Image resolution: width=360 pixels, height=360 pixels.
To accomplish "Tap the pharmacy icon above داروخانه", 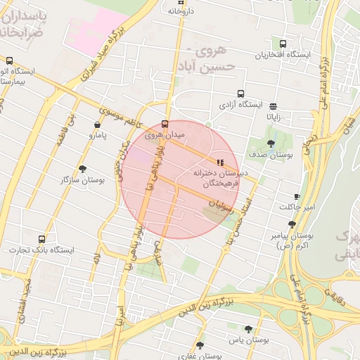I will pos(172,1).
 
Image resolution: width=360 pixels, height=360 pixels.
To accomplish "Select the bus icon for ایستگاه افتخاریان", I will pos(283,44).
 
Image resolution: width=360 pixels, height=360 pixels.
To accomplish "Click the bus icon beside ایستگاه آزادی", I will pos(241,94).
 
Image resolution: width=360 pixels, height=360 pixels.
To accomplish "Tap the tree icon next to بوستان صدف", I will pos(271,143).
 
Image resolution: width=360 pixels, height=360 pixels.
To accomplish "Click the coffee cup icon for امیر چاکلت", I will pos(297,196).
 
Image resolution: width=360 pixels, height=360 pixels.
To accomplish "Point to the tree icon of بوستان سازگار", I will pos(83,168).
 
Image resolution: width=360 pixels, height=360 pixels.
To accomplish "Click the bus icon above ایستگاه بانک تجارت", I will pos(42,239).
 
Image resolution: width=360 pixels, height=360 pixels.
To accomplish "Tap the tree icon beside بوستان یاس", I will pos(247,328).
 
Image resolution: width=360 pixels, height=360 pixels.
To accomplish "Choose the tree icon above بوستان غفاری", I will pos(200,345).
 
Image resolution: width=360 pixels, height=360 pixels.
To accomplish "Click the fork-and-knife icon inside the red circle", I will pos(220,162).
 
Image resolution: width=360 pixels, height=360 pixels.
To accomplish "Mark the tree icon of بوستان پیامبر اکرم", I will pos(292,224).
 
